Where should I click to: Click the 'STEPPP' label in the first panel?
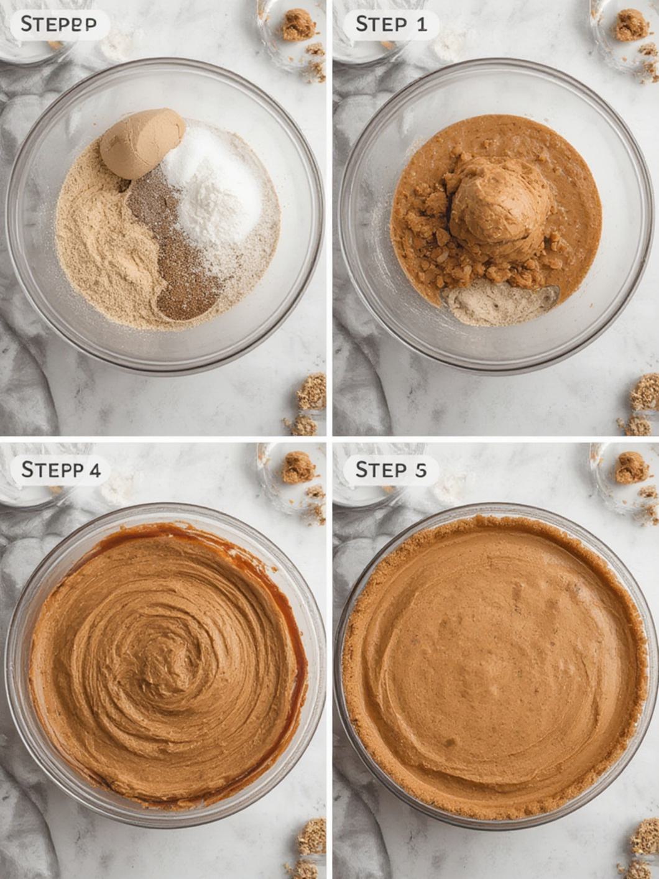point(58,24)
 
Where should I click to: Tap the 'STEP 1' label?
point(391,24)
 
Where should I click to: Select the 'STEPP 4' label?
point(60,469)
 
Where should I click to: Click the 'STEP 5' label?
point(391,469)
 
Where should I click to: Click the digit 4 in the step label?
point(94,469)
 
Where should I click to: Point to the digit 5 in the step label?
point(421,470)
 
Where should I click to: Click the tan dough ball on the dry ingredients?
point(142,143)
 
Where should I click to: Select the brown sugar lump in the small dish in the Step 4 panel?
point(298,467)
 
